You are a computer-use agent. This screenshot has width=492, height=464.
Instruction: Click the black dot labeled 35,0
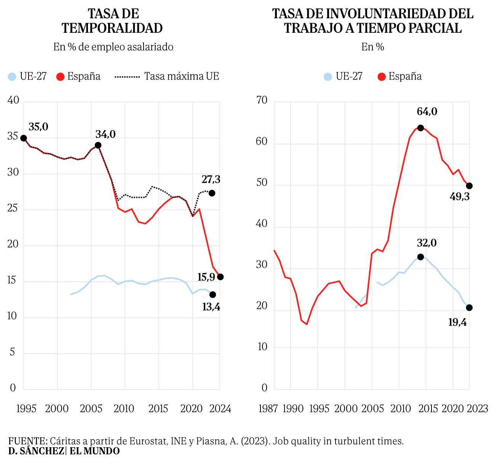(24, 138)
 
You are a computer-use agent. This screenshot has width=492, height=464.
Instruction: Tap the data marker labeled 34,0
(98, 145)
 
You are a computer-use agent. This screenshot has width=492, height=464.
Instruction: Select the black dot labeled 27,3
(212, 193)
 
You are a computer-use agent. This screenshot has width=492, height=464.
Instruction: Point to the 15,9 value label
(206, 277)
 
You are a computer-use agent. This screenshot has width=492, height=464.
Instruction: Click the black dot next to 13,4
(212, 294)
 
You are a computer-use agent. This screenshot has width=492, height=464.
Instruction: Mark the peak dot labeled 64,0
(420, 128)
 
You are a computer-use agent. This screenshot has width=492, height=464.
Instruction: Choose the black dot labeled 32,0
(420, 257)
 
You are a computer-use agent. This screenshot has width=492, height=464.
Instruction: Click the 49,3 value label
(460, 197)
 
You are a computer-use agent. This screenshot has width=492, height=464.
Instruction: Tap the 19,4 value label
(458, 322)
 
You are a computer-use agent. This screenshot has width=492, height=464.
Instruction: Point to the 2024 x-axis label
(220, 409)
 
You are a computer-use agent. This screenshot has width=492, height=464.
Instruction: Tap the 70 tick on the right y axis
(262, 101)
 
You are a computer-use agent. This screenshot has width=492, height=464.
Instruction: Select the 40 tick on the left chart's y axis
(13, 101)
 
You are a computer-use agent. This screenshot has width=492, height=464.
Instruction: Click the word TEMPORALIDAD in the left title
(112, 28)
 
